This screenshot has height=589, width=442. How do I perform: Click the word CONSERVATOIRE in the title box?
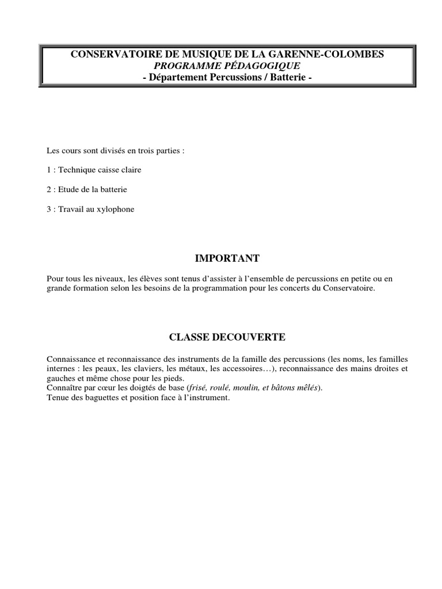106,54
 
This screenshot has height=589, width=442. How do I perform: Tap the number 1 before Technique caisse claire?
49,170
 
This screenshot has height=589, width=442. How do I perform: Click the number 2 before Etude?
49,190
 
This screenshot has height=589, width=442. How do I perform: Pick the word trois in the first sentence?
144,151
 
